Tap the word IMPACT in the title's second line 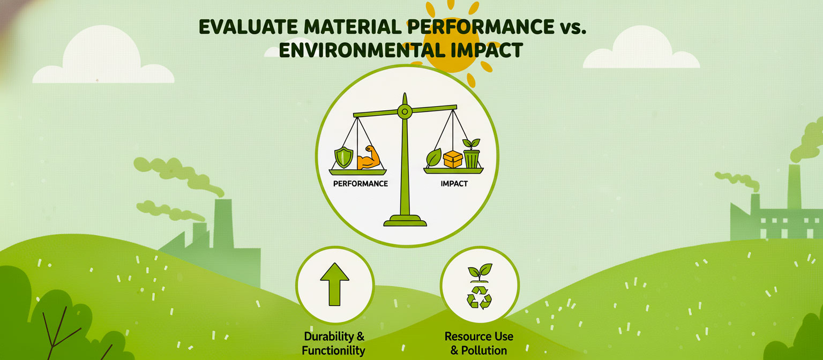485,50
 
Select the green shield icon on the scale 343,157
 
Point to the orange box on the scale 453,159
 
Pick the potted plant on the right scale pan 472,154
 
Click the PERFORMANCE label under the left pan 360,183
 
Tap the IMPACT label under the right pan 454,183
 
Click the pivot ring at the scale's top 405,111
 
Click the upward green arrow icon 334,284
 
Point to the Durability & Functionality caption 334,344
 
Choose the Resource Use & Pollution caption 478,343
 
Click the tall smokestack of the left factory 222,225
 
